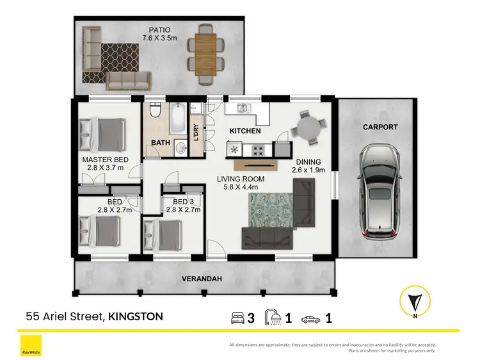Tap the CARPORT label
pos(380,127)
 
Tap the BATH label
pos(160,143)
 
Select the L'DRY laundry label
pos(196,131)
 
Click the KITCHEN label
pos(245,131)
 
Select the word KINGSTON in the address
pos(135,316)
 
